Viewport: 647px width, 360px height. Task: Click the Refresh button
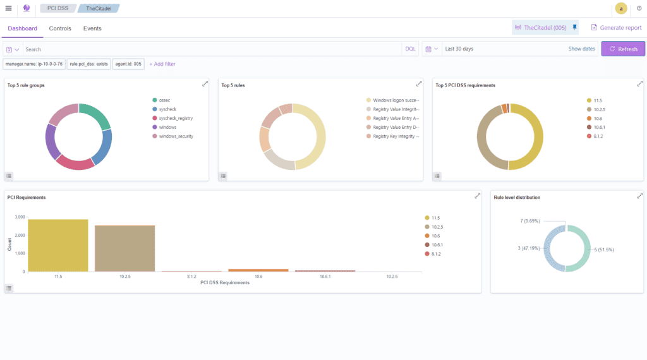[x=623, y=49]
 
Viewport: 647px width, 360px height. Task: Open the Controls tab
[x=60, y=28]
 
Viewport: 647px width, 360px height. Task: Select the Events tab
[x=92, y=28]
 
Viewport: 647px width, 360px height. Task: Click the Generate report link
[x=616, y=28]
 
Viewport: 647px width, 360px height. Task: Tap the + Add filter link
[x=162, y=64]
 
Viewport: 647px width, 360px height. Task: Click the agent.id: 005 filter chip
[x=128, y=64]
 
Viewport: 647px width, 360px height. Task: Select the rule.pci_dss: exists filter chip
[x=89, y=64]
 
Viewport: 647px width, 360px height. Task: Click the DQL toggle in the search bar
[x=410, y=49]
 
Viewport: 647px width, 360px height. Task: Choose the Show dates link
[x=581, y=49]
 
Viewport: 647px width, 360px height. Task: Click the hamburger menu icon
[x=8, y=8]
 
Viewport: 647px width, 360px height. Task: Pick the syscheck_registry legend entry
[x=176, y=118]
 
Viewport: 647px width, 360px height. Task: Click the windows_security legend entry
[x=176, y=136]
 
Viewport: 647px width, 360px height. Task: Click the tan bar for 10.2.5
[x=124, y=248]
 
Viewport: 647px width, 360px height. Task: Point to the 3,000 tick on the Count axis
[x=20, y=217]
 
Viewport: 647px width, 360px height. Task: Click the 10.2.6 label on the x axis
[x=392, y=277]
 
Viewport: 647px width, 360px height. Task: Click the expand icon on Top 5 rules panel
[x=419, y=84]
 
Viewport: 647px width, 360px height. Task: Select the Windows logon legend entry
[x=396, y=100]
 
